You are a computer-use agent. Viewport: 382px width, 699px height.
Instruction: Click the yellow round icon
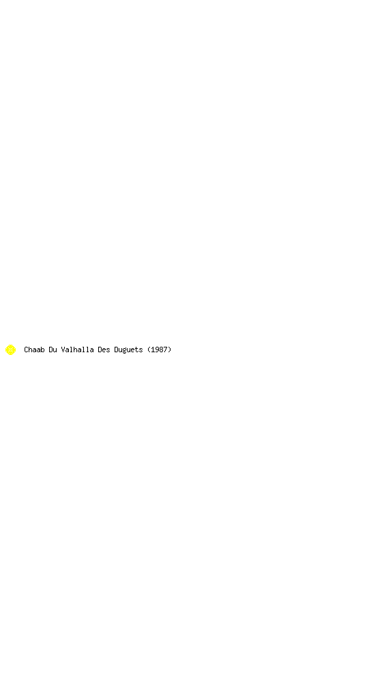(x=11, y=349)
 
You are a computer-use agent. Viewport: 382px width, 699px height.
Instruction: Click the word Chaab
(x=34, y=349)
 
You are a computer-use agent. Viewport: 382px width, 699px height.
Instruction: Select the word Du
(x=53, y=349)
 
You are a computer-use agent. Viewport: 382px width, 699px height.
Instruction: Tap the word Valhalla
(x=77, y=349)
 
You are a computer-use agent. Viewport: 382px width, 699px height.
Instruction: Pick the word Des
(x=104, y=349)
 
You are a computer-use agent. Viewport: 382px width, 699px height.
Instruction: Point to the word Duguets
(x=128, y=350)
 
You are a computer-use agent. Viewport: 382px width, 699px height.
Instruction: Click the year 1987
(x=159, y=349)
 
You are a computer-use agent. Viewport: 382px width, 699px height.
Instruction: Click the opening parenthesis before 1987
(x=149, y=349)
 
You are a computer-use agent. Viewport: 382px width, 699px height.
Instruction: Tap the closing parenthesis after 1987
(x=170, y=349)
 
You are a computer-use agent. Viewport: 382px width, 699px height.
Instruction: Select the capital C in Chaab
(x=26, y=349)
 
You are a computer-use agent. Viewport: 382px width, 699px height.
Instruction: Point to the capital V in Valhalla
(x=63, y=349)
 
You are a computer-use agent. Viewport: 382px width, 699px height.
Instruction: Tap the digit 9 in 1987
(x=157, y=349)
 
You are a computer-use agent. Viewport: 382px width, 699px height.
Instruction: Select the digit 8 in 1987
(x=161, y=349)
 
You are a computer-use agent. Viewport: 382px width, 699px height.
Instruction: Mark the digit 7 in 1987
(x=165, y=349)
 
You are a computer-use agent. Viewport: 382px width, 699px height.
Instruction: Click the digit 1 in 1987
(x=153, y=349)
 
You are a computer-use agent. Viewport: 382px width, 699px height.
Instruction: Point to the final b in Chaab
(x=42, y=349)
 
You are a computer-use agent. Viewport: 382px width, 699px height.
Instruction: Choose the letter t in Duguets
(x=136, y=349)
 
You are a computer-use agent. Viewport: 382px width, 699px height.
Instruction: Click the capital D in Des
(x=100, y=349)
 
